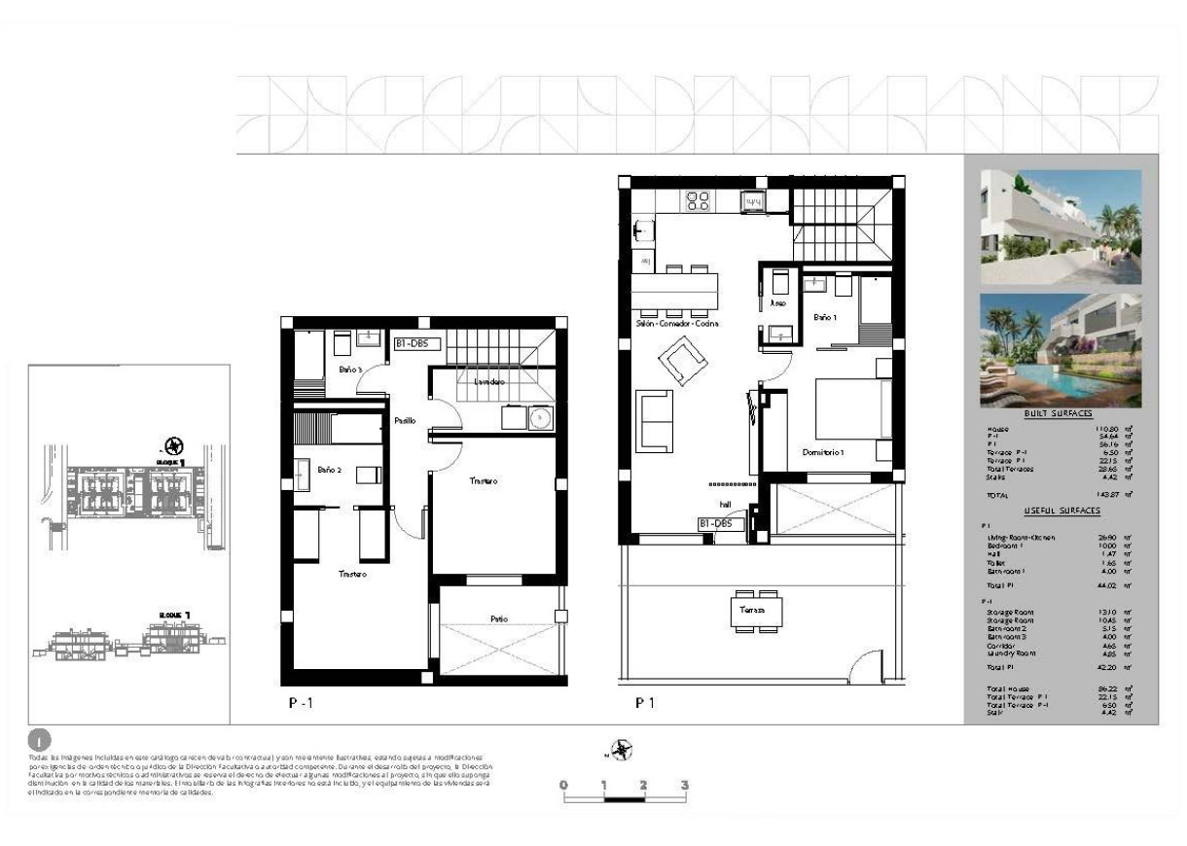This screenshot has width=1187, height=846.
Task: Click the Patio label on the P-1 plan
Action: (498, 619)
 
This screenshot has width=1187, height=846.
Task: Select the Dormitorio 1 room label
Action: (823, 452)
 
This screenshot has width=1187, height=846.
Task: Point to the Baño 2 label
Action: (329, 470)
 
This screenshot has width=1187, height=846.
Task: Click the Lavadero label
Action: (488, 382)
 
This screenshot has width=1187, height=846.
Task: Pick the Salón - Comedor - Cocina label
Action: (676, 324)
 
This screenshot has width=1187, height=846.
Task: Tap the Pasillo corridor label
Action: (405, 421)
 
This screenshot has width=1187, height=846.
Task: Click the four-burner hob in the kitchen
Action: (698, 201)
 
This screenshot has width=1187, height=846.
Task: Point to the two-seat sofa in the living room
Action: (655, 421)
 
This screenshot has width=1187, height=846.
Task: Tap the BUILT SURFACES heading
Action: (1060, 414)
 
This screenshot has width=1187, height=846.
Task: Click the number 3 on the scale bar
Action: (685, 785)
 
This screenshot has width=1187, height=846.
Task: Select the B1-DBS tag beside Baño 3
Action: (417, 343)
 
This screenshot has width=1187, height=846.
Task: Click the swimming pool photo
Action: (1061, 350)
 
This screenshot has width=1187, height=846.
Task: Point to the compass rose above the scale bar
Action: (623, 749)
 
